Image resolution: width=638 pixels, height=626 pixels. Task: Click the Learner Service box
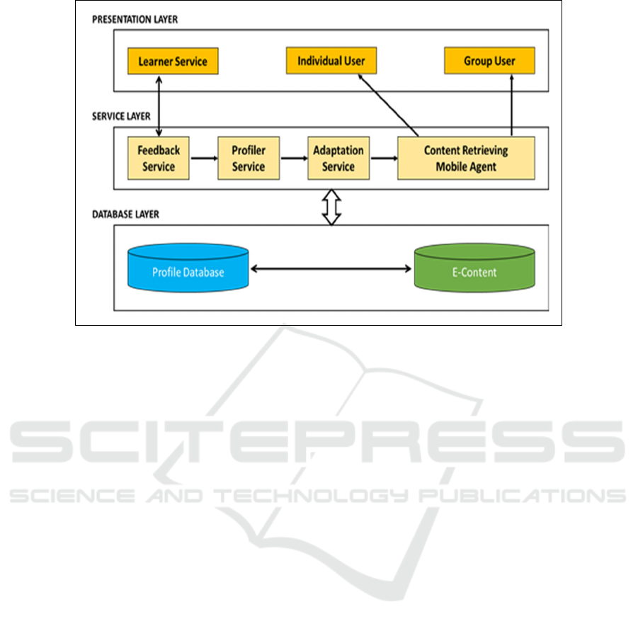pyautogui.click(x=173, y=61)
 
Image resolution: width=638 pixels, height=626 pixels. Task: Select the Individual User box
pyautogui.click(x=331, y=61)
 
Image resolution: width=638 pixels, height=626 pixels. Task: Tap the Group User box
pyautogui.click(x=489, y=61)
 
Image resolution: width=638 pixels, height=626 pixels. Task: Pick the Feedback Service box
pyautogui.click(x=159, y=159)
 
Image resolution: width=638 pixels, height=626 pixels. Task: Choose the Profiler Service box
pyautogui.click(x=249, y=159)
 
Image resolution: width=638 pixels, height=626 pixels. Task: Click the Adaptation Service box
pyautogui.click(x=338, y=159)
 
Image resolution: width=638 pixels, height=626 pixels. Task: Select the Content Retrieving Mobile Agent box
pyautogui.click(x=467, y=159)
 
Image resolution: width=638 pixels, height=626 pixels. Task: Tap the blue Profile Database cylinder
pyautogui.click(x=188, y=268)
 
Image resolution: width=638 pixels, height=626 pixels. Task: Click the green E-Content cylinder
pyautogui.click(x=474, y=268)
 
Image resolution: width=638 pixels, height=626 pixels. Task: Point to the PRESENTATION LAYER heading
pyautogui.click(x=135, y=20)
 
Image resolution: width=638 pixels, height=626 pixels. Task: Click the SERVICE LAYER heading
pyautogui.click(x=121, y=116)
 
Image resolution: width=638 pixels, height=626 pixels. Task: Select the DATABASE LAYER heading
pyautogui.click(x=125, y=214)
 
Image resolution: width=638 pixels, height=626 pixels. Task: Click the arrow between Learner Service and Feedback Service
pyautogui.click(x=159, y=106)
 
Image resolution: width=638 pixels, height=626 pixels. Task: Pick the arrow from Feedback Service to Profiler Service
pyautogui.click(x=204, y=158)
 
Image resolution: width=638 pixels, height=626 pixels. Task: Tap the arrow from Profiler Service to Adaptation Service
pyautogui.click(x=294, y=158)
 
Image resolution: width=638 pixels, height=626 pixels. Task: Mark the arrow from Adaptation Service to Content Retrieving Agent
pyautogui.click(x=384, y=158)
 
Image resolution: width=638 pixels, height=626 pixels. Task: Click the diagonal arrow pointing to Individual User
pyautogui.click(x=388, y=105)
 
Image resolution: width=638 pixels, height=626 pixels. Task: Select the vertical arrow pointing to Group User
pyautogui.click(x=511, y=105)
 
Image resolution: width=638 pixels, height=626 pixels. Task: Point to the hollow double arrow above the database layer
pyautogui.click(x=331, y=207)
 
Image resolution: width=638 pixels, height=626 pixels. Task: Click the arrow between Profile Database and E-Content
pyautogui.click(x=331, y=268)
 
